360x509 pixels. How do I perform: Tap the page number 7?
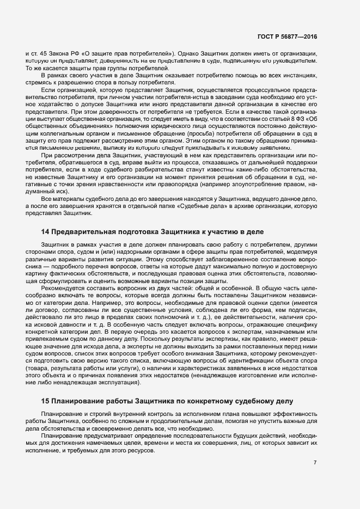(315, 463)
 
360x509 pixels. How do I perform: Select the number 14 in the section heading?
(45, 231)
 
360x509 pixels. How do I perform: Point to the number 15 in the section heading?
(45, 401)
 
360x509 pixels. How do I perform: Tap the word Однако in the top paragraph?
(187, 54)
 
